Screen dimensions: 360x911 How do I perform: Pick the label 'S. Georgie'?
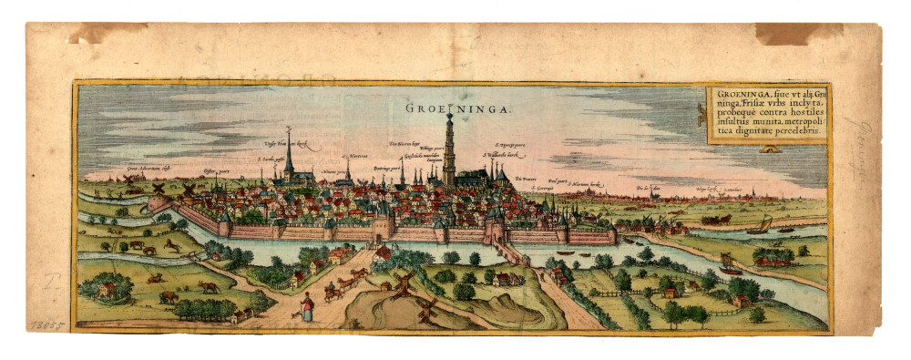[x=543, y=188]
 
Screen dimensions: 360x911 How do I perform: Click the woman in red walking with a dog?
[x=307, y=307]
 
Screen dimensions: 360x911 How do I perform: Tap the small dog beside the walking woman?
[x=293, y=313]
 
